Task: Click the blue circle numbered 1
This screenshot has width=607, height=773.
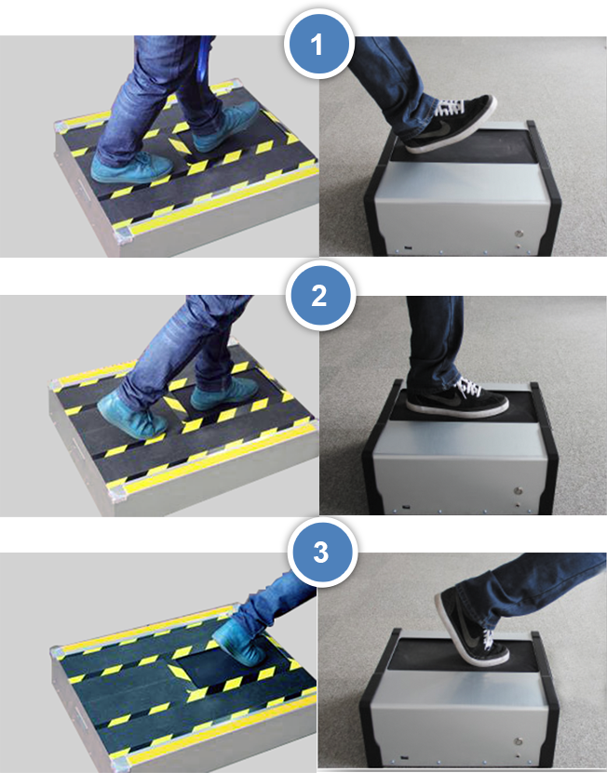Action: [x=318, y=44]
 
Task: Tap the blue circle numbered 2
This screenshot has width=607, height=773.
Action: [x=320, y=295]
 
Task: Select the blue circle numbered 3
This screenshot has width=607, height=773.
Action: [x=322, y=552]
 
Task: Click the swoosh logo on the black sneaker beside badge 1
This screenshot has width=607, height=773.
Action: [x=440, y=128]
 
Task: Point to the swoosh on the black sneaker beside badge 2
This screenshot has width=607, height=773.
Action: [x=438, y=399]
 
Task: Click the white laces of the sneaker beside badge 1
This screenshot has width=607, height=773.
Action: [x=449, y=107]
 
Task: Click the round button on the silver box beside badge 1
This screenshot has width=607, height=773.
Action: [x=519, y=234]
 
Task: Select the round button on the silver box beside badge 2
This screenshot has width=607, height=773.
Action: [x=519, y=491]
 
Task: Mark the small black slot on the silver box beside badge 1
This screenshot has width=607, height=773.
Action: [x=408, y=248]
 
